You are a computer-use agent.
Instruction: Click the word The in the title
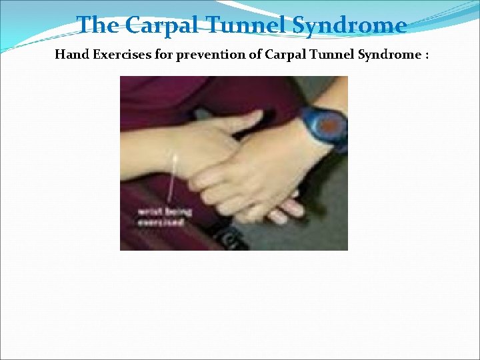coord(99,25)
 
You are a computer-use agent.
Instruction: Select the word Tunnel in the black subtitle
coord(326,55)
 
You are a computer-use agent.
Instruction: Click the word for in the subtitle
coord(153,55)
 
